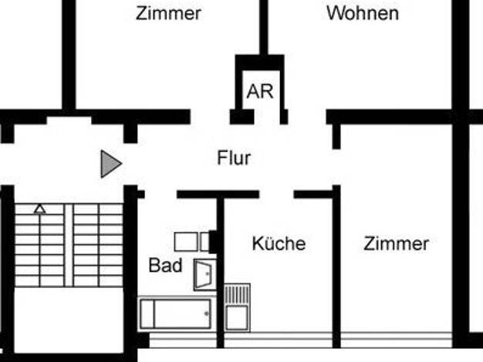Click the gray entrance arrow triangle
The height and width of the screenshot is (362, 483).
pyautogui.click(x=111, y=164)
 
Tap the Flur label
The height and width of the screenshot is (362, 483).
pyautogui.click(x=234, y=158)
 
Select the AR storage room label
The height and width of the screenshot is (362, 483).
pyautogui.click(x=260, y=92)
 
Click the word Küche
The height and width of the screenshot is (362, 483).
pyautogui.click(x=279, y=243)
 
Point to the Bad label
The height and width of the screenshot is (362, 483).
pyautogui.click(x=165, y=265)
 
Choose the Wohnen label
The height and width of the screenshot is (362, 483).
pyautogui.click(x=363, y=13)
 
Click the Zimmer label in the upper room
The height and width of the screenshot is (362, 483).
pyautogui.click(x=168, y=14)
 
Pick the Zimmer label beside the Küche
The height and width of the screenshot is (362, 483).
pyautogui.click(x=396, y=243)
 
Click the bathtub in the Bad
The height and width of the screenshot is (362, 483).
pyautogui.click(x=176, y=313)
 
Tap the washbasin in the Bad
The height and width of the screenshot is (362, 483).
pyautogui.click(x=204, y=275)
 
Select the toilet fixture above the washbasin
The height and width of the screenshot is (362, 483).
pyautogui.click(x=192, y=242)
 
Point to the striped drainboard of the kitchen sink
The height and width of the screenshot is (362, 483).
pyautogui.click(x=237, y=295)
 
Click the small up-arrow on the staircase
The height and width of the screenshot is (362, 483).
pyautogui.click(x=40, y=209)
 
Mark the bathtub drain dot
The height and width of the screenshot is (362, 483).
pyautogui.click(x=206, y=313)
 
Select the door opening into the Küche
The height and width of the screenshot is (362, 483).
pyautogui.click(x=277, y=194)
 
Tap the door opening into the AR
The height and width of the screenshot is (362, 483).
pyautogui.click(x=267, y=117)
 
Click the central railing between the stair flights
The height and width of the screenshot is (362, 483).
pyautogui.click(x=69, y=246)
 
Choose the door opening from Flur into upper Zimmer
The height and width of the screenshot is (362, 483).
pyautogui.click(x=210, y=117)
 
